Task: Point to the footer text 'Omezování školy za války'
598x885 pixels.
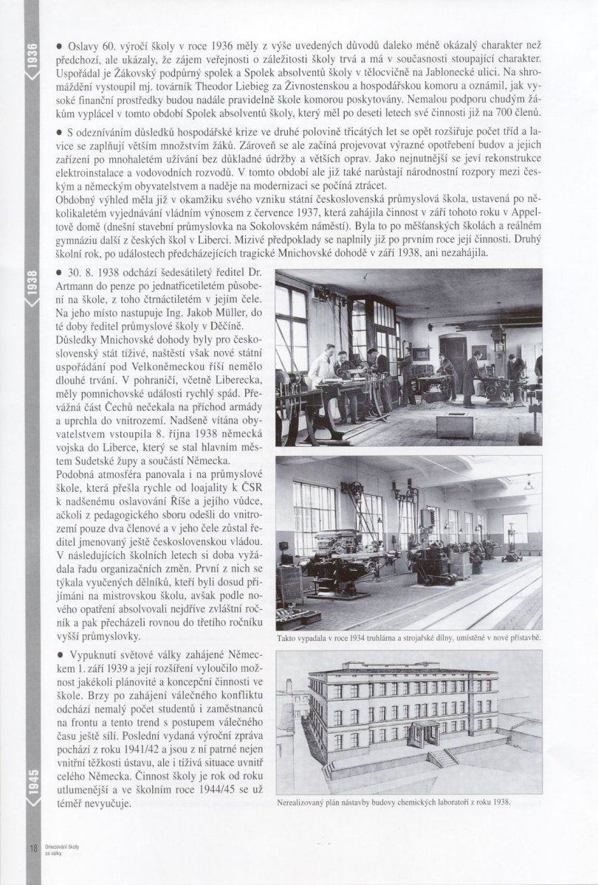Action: point(58,850)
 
